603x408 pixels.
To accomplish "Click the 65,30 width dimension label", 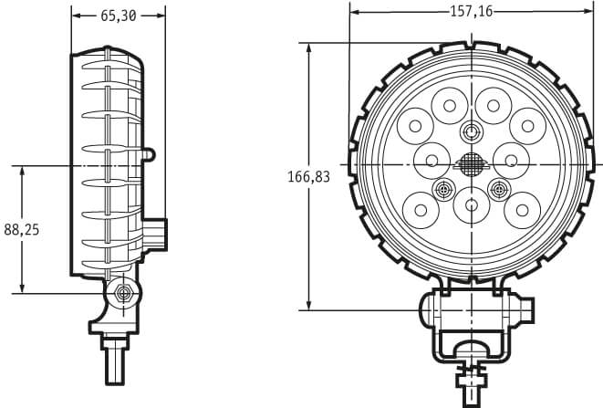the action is [118, 16].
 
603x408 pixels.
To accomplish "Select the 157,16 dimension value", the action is [471, 12].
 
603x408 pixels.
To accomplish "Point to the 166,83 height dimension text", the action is [309, 177].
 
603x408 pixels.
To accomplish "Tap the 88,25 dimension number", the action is [22, 230].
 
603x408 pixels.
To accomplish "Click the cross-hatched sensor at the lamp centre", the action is [472, 164].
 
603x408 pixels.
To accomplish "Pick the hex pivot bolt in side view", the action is [124, 294].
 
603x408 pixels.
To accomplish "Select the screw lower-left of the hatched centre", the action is [443, 189].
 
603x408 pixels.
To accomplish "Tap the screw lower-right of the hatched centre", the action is [499, 189].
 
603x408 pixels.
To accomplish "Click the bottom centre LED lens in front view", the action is [472, 204].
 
